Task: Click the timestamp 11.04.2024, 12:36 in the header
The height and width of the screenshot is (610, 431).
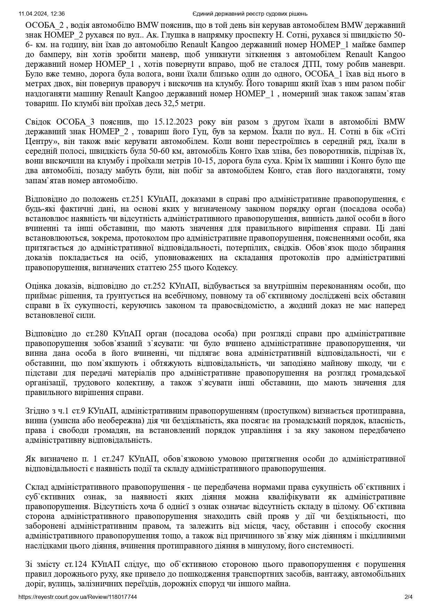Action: [42, 14]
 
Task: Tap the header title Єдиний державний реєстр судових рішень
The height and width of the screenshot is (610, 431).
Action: [250, 14]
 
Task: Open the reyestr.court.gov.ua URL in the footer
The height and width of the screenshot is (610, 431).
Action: [78, 597]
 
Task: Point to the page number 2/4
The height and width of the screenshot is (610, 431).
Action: [408, 597]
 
